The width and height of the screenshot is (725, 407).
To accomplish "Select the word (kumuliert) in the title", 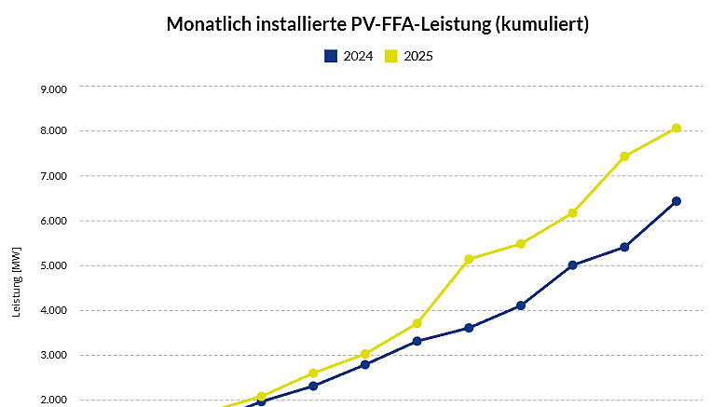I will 540,25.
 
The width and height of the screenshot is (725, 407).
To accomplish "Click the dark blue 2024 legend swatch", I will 330,56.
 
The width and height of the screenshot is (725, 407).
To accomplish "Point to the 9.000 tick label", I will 54,89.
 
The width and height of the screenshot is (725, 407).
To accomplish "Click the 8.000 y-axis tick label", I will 54,131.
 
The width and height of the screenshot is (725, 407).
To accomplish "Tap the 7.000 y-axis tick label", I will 54,176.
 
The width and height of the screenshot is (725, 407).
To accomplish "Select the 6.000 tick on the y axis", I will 54,221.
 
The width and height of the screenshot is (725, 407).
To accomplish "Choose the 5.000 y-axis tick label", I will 54,265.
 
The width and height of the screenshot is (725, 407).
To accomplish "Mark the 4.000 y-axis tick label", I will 54,310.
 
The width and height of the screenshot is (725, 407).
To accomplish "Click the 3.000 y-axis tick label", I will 54,355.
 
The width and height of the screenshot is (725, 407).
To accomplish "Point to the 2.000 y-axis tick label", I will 54,400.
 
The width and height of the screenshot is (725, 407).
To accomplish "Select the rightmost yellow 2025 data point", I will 677,129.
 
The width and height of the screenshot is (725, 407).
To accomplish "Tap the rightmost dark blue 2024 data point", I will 677,201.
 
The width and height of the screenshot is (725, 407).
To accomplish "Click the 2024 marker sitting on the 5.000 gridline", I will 572,265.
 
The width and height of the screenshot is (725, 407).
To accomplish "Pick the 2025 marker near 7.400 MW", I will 624,156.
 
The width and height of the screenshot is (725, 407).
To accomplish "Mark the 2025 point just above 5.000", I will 469,259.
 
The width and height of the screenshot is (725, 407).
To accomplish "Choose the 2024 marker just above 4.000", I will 521,305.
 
